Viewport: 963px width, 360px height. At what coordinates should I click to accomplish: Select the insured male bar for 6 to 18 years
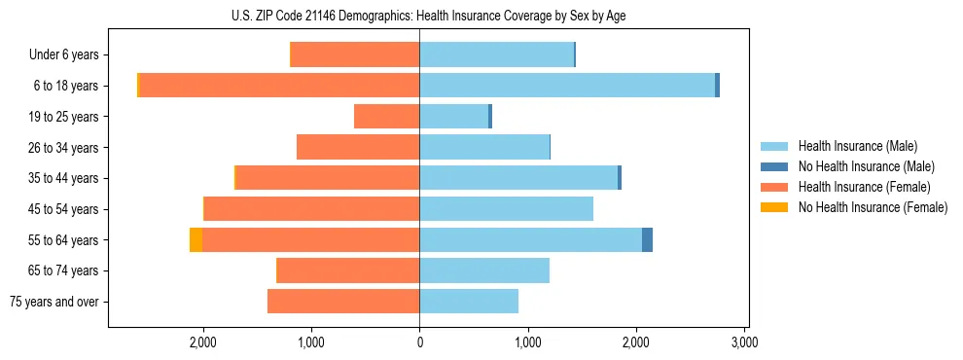[567, 86]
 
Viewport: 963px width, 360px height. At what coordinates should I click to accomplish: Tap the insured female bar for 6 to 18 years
[279, 86]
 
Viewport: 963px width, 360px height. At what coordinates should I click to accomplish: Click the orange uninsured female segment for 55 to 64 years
[196, 240]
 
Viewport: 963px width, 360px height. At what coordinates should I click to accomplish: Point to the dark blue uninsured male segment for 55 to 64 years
[647, 240]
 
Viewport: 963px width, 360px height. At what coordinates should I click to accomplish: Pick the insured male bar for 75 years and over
[469, 302]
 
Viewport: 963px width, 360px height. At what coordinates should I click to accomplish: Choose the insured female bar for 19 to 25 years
[386, 117]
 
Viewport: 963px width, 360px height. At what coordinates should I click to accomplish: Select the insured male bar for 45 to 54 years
[506, 209]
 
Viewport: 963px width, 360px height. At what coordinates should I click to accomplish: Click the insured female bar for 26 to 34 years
[358, 148]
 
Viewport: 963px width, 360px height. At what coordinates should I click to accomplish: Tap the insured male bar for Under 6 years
[496, 55]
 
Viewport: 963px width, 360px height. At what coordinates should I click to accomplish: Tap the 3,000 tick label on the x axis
[744, 342]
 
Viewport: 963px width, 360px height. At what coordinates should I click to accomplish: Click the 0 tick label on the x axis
[419, 342]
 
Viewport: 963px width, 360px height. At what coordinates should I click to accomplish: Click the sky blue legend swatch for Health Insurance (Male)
[774, 146]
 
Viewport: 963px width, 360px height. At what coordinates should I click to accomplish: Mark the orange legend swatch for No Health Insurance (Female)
[774, 207]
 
